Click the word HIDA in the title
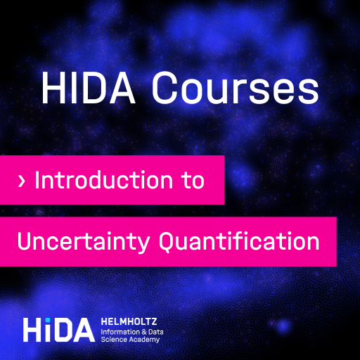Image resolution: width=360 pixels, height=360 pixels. (x=89, y=87)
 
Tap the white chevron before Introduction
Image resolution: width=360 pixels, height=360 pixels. (x=21, y=181)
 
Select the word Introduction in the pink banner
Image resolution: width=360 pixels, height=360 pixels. (x=104, y=180)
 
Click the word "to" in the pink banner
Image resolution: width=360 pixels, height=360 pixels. (x=194, y=181)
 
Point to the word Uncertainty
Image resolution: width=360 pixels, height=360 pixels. (x=84, y=242)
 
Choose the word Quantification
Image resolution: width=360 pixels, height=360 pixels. (x=239, y=241)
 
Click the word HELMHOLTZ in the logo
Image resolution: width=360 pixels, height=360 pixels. (x=129, y=321)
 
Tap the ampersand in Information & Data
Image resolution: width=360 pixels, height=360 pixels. (x=144, y=332)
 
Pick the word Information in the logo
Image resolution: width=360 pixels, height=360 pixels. (x=120, y=332)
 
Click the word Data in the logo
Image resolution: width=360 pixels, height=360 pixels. (x=156, y=332)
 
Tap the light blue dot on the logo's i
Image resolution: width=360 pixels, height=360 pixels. (x=48, y=320)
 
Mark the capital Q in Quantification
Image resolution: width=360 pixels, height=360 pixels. (x=169, y=243)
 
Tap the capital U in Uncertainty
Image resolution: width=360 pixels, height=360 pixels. (x=25, y=241)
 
